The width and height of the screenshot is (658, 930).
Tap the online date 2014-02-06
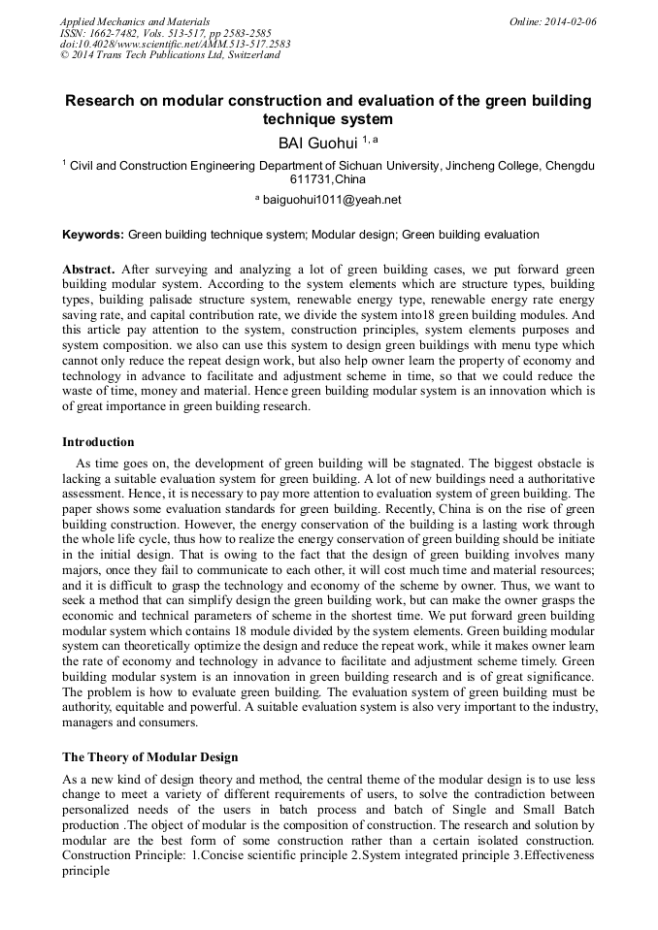[x=571, y=20]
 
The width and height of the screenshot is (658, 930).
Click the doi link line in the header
[x=175, y=44]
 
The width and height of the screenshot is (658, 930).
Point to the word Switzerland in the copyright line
[x=249, y=55]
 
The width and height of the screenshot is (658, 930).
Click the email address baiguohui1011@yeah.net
[x=332, y=200]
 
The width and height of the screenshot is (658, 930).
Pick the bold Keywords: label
[x=93, y=235]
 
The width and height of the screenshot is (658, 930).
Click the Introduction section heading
[x=98, y=441]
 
